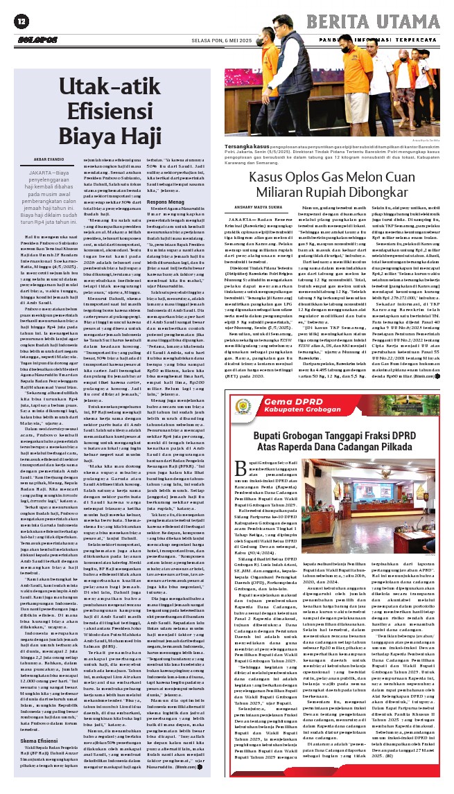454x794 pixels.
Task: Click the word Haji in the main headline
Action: pos(139,134)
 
